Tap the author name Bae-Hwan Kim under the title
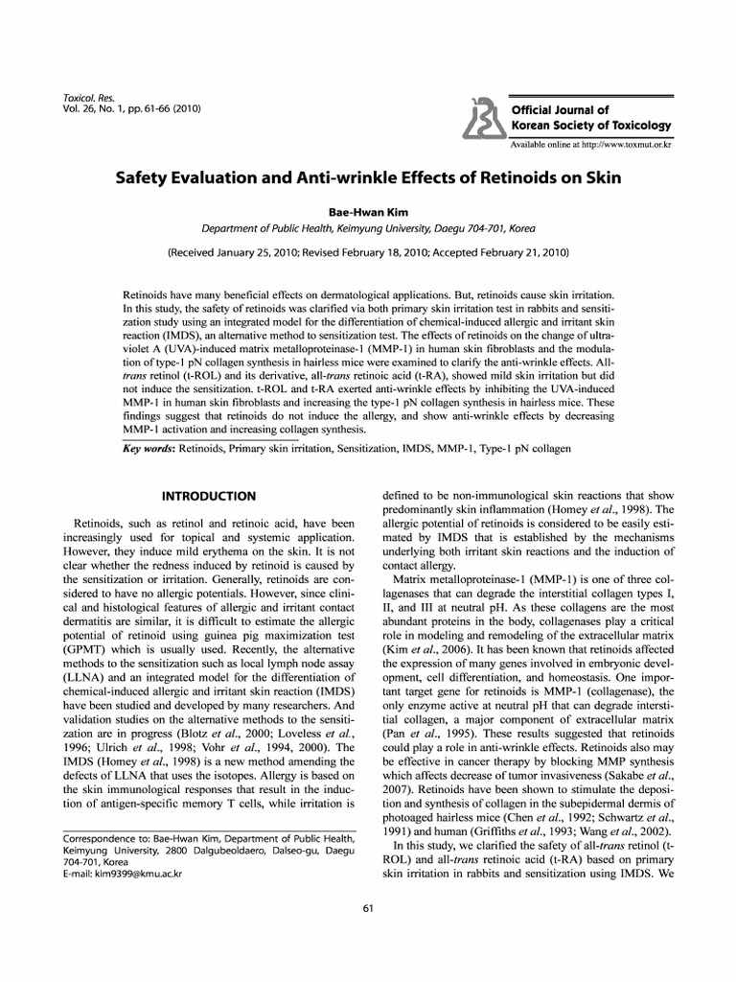point(368,211)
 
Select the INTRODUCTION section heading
point(208,496)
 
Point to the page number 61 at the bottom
point(368,908)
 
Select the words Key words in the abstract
point(154,449)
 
